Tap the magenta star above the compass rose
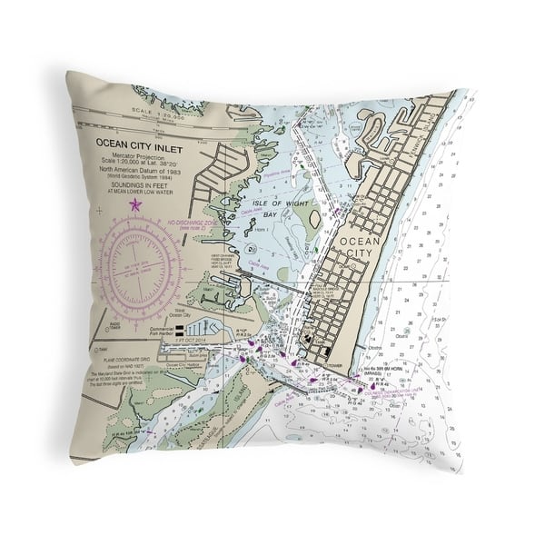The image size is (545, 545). click(x=135, y=204)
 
